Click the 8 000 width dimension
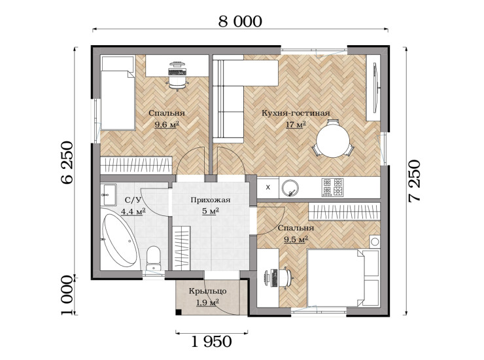pos(240,22)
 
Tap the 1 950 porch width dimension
pos(211,342)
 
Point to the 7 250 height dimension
pos(414,181)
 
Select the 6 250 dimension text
pos(67,162)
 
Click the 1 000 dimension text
pos(67,295)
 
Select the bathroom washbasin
pos(109,194)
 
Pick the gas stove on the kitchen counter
pos(332,187)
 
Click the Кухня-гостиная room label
pos(296,113)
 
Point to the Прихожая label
pos(211,200)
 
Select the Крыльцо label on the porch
pos(208,291)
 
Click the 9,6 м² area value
pos(167,125)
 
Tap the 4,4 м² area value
pos(133,211)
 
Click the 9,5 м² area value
pos(296,240)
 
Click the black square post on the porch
pos(179,312)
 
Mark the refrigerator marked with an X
pos(268,187)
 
